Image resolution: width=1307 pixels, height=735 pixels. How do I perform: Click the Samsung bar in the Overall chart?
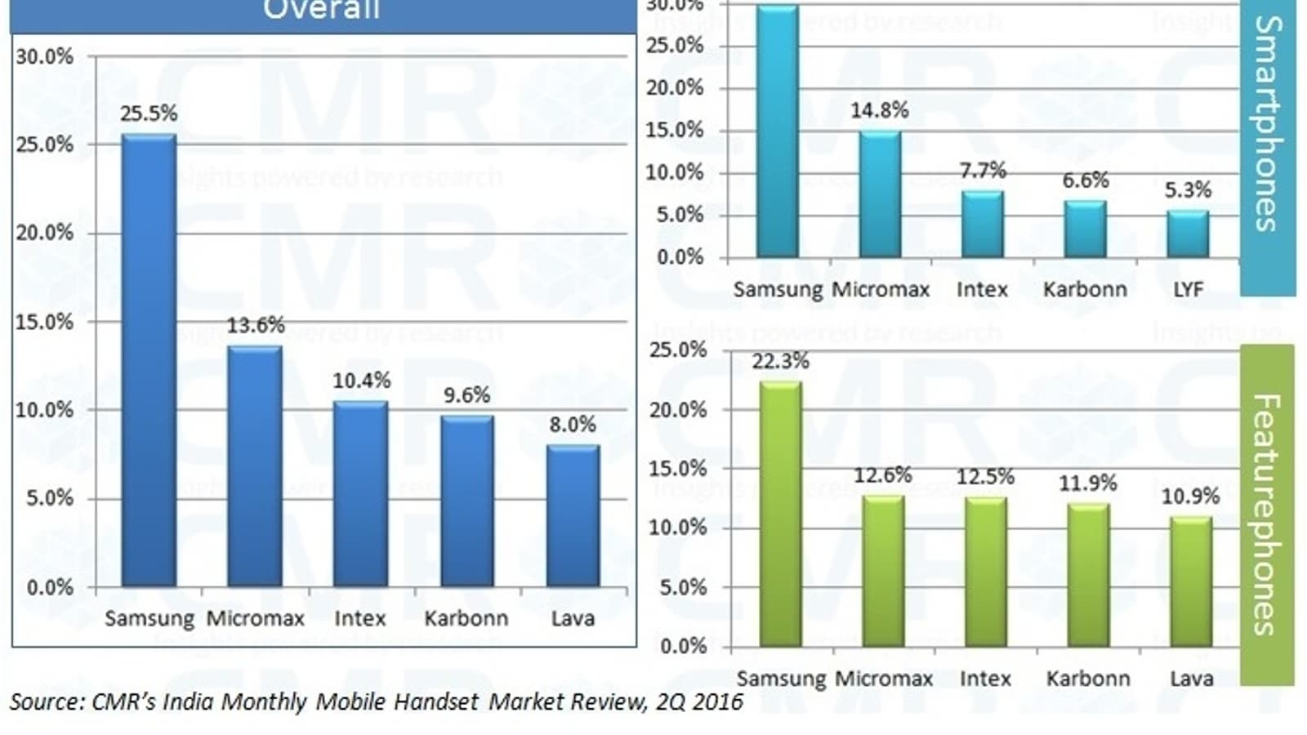coord(149,359)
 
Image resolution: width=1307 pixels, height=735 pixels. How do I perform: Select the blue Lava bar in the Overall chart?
coord(573,516)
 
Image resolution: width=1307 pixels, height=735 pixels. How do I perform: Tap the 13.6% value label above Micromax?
coord(256,325)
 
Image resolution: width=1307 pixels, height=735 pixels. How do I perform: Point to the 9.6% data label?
coord(466,395)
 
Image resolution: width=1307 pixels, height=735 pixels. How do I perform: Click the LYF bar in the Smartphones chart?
coord(1188,234)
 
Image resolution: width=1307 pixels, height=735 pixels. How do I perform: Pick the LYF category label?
coord(1188,289)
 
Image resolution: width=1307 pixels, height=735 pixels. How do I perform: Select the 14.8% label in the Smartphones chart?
coord(880,110)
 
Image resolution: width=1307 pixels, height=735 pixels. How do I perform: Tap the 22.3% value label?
coord(780,361)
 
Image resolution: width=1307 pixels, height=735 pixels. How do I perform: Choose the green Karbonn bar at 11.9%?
coord(1088,575)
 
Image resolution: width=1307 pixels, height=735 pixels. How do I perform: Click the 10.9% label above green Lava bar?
coord(1190,496)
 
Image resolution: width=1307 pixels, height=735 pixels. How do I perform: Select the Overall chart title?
coord(322,10)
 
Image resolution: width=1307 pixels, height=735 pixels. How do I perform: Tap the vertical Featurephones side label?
coord(1265,514)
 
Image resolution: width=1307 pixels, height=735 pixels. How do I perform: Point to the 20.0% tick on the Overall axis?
coord(44,233)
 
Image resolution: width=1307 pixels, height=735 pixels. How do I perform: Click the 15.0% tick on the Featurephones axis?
coord(677,469)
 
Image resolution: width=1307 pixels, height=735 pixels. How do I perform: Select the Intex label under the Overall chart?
coord(359,618)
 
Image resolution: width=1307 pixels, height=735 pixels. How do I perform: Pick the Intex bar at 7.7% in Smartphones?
coord(982,225)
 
